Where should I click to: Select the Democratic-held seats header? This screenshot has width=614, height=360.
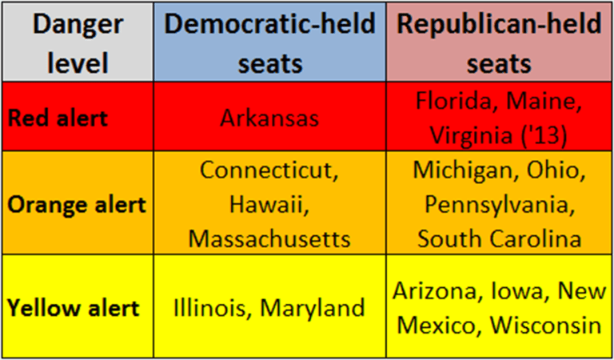[x=270, y=42]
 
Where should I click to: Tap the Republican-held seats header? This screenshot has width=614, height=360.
[x=499, y=42]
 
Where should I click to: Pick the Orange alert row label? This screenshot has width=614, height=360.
[x=77, y=203]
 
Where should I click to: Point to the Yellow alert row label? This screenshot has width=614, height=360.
[x=74, y=308]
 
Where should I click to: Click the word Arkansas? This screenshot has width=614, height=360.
[x=270, y=118]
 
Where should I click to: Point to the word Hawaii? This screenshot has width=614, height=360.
[x=269, y=205]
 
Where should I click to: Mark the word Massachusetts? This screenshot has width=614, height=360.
[x=270, y=238]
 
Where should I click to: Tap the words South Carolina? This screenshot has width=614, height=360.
[x=500, y=238]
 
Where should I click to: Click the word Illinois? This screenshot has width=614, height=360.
[x=210, y=308]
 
